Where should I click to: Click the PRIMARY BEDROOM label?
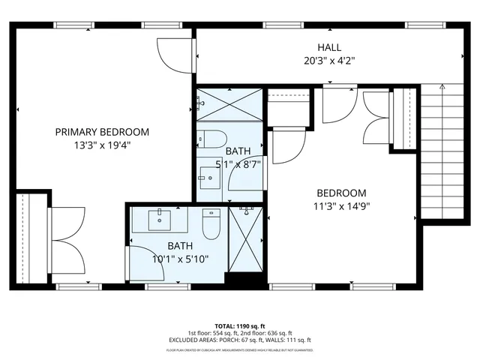point(102,132)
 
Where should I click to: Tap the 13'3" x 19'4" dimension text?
point(102,145)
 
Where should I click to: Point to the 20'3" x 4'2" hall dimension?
point(328,61)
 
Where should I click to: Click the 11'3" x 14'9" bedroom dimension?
point(341,206)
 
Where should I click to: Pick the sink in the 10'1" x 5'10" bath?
point(160,220)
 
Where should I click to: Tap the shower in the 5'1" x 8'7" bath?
point(229,104)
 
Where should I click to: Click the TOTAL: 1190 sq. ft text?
point(239,326)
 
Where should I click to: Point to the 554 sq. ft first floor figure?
point(225,333)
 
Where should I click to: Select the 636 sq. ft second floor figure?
point(278,333)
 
